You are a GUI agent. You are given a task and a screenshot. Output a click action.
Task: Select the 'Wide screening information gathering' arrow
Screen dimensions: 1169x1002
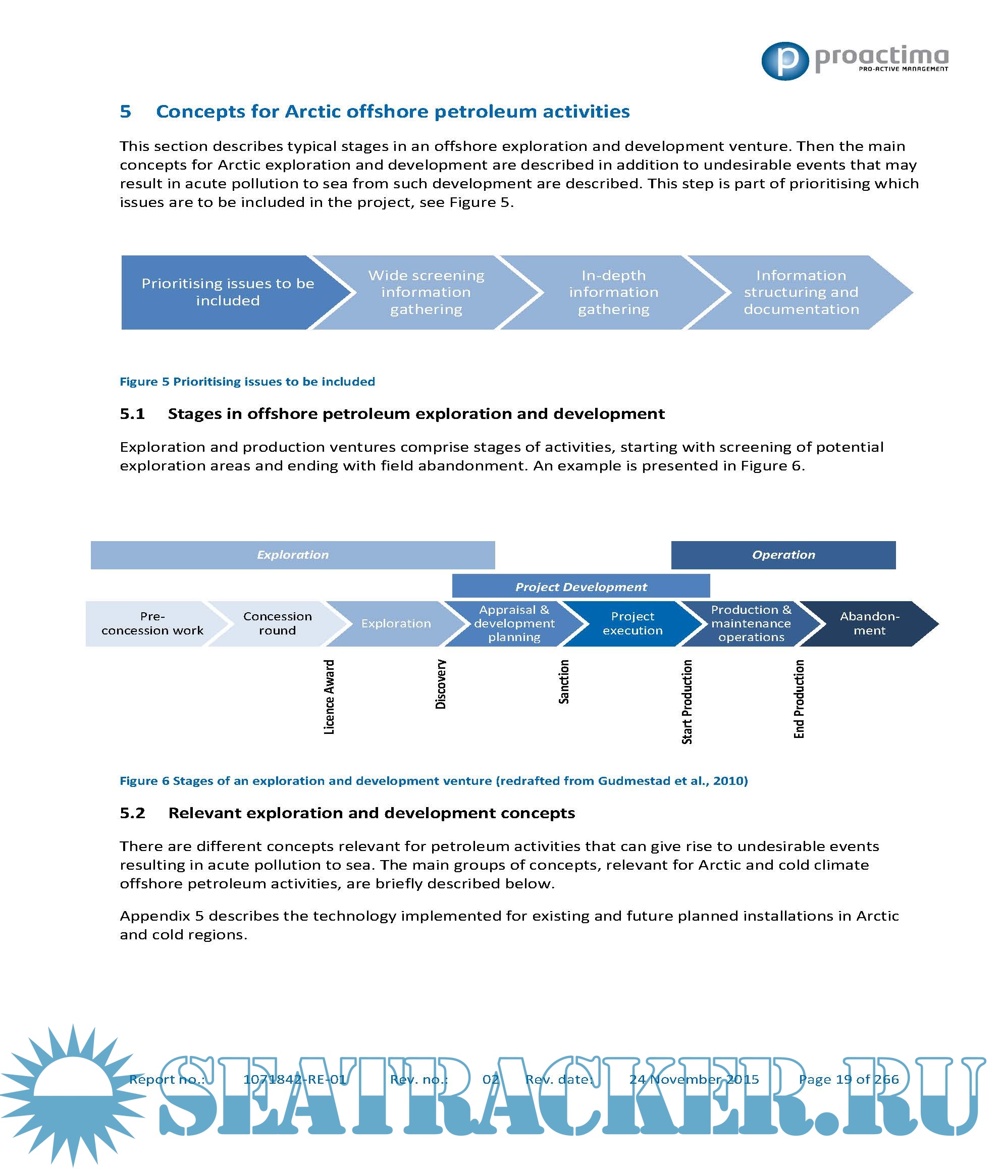tap(426, 292)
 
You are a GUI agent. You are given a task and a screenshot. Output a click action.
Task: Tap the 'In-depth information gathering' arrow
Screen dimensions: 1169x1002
tap(613, 292)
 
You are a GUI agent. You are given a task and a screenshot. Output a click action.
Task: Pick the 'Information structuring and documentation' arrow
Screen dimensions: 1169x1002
tap(801, 292)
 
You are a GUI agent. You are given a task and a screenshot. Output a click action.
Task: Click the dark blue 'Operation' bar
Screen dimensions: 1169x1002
tap(783, 555)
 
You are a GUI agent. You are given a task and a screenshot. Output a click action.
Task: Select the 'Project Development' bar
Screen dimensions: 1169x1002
tap(581, 587)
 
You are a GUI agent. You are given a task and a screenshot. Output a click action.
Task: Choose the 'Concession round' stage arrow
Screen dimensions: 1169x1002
tap(277, 623)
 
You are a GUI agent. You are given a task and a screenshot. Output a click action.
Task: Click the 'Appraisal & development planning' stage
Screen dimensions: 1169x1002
tap(514, 623)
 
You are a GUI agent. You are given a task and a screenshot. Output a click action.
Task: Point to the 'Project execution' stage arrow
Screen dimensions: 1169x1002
tap(632, 623)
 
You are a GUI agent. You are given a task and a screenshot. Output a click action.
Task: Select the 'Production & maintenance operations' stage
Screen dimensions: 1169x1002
tap(751, 623)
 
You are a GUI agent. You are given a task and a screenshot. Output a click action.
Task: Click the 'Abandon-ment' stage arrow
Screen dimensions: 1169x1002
tap(869, 623)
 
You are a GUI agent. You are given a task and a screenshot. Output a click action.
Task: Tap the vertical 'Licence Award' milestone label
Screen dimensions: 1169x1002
tap(329, 697)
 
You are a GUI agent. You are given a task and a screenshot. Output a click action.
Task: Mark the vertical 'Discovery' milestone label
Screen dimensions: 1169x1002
tap(441, 684)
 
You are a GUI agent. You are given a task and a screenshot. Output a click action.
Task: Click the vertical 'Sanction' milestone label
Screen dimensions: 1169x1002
tap(564, 681)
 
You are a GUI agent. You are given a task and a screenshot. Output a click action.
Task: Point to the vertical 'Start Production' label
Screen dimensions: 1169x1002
tap(687, 702)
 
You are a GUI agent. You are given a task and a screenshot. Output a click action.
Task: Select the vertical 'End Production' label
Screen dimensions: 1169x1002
tap(799, 699)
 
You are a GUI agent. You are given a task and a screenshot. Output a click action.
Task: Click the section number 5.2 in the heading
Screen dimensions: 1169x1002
tap(133, 813)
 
